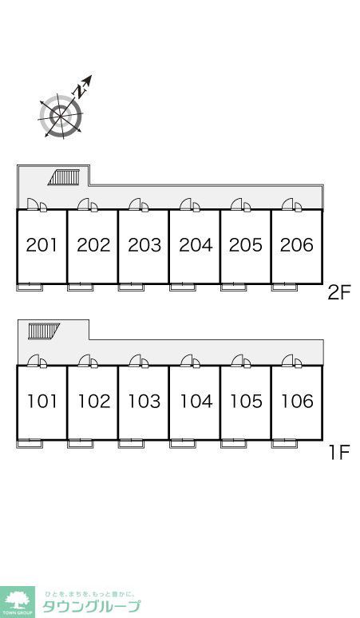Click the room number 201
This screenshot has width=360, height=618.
[42, 245]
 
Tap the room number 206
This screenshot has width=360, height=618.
[297, 245]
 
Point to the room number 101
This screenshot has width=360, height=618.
[42, 401]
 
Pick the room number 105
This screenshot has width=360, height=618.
[246, 401]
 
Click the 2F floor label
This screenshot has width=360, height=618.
[339, 294]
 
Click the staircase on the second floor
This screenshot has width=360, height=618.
[64, 177]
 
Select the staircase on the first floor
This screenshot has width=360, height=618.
[44, 331]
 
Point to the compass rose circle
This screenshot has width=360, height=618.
[61, 116]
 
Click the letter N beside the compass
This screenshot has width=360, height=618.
[81, 91]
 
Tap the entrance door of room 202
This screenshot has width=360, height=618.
[88, 205]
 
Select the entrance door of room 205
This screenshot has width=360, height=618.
[241, 205]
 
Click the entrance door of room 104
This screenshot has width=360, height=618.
[191, 361]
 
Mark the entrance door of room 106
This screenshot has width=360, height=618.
[292, 361]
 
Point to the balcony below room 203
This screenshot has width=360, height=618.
[131, 287]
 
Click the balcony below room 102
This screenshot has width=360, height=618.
[81, 444]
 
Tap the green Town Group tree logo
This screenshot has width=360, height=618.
[18, 602]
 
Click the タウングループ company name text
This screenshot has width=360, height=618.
[91, 606]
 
